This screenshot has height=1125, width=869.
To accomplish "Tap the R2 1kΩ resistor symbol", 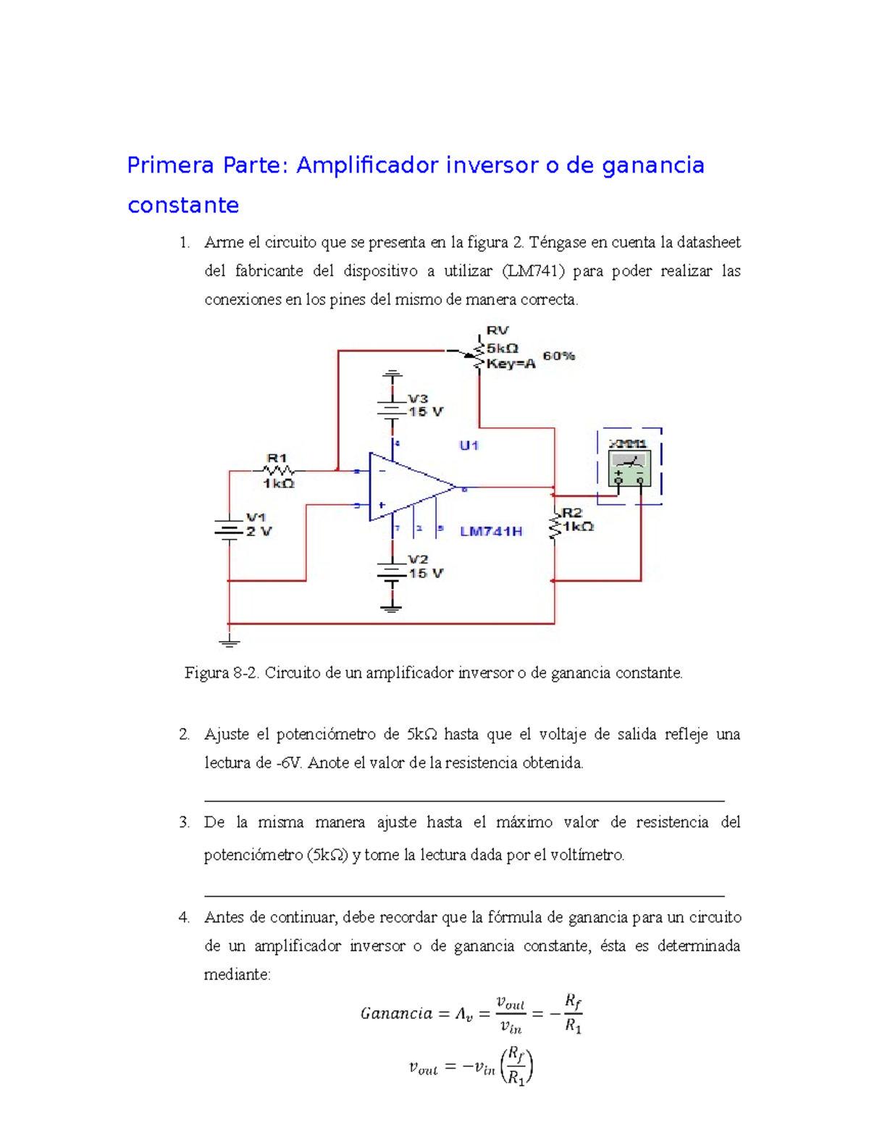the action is pyautogui.click(x=555, y=524).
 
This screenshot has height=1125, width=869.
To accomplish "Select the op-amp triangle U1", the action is pyautogui.click(x=409, y=487).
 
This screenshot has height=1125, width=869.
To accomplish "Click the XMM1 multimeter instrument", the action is pyautogui.click(x=629, y=466).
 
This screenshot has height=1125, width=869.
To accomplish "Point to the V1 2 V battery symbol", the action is pyautogui.click(x=229, y=530).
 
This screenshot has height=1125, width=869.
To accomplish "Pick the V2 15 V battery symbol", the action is pyautogui.click(x=392, y=572).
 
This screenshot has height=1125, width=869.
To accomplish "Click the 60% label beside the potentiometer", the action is pyautogui.click(x=558, y=356).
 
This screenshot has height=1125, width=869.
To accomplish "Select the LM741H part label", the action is pyautogui.click(x=491, y=532).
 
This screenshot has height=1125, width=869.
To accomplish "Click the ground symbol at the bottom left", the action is pyautogui.click(x=229, y=640).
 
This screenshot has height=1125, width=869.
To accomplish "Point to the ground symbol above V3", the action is pyautogui.click(x=392, y=375).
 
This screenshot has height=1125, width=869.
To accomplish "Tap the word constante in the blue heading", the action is pyautogui.click(x=183, y=205).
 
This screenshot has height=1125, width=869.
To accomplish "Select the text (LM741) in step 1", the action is pyautogui.click(x=532, y=271).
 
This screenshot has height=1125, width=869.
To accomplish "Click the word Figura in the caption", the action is pyautogui.click(x=206, y=673).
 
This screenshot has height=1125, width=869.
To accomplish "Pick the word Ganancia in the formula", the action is pyautogui.click(x=396, y=1013).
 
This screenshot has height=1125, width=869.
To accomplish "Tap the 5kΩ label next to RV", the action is pyautogui.click(x=502, y=348).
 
